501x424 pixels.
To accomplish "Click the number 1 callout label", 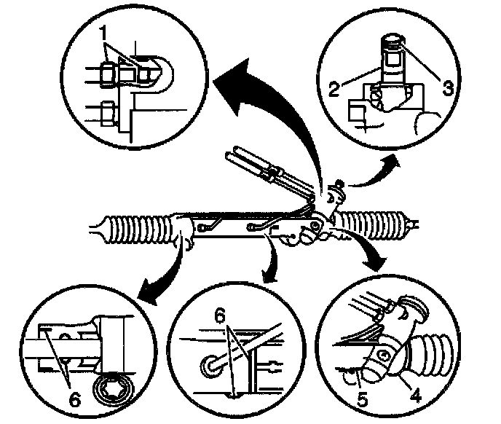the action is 103,33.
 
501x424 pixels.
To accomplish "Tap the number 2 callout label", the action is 334,89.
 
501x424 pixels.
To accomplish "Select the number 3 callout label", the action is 448,88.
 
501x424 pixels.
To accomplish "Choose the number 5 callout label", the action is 362,399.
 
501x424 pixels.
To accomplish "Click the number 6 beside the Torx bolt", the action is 75,399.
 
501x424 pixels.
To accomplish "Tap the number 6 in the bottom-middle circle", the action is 220,317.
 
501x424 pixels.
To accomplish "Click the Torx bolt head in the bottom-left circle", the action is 113,389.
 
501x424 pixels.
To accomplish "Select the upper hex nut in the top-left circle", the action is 107,74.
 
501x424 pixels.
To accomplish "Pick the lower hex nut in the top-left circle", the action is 107,114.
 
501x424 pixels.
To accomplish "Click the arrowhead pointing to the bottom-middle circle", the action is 269,275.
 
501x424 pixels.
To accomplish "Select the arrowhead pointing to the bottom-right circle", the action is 374,259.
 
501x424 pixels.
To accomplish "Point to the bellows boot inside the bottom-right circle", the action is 429,353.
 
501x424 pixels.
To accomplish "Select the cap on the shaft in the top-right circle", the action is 393,41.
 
